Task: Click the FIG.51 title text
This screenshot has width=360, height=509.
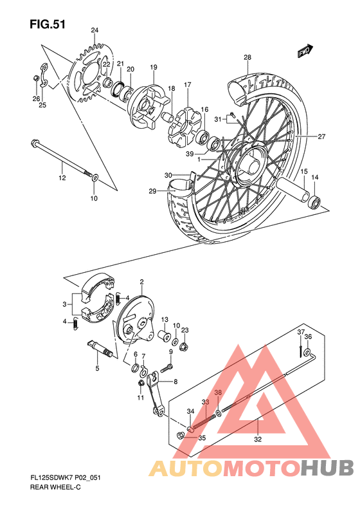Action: [48, 24]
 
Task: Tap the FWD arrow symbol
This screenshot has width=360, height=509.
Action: [305, 51]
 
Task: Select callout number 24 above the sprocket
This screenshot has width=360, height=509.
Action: [94, 30]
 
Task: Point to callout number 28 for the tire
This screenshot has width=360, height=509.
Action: [248, 58]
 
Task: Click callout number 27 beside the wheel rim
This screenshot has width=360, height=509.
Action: [321, 136]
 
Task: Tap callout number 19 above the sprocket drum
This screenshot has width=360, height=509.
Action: [154, 68]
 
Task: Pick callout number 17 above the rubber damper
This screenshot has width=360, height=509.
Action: [188, 85]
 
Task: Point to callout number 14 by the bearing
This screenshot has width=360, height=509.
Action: [315, 178]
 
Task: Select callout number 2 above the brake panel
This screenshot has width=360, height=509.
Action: [141, 281]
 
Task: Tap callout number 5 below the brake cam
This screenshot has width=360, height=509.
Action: [97, 369]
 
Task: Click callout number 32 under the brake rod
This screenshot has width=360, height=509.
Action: [258, 440]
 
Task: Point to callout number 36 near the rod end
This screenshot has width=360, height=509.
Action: [308, 337]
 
